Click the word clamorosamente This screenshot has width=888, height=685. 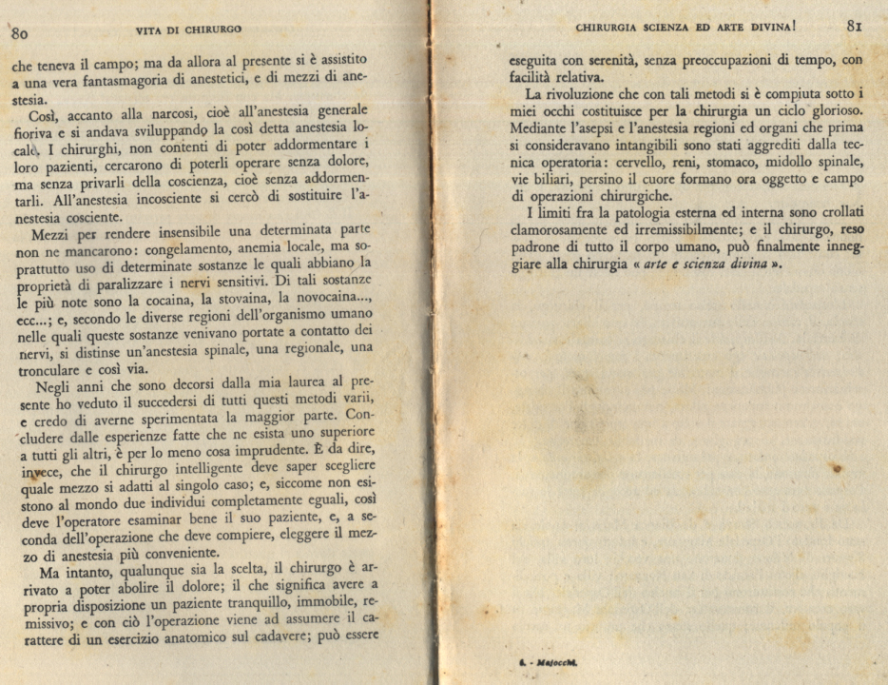click(560, 231)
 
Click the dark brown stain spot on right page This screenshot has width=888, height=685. click(837, 468)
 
